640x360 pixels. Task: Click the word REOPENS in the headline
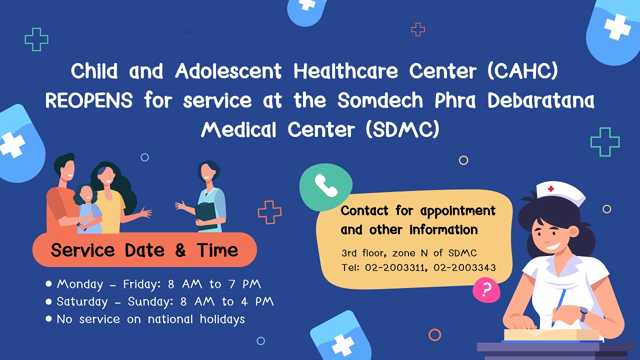pyautogui.click(x=89, y=100)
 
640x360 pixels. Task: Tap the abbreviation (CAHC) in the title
pyautogui.click(x=522, y=71)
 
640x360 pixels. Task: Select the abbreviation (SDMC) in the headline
pyautogui.click(x=402, y=129)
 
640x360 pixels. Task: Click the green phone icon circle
pyautogui.click(x=325, y=187)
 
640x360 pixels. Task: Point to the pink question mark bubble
pyautogui.click(x=486, y=290)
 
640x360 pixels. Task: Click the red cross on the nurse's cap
pyautogui.click(x=551, y=188)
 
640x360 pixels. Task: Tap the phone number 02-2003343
pyautogui.click(x=464, y=267)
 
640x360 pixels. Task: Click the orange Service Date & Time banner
pyautogui.click(x=144, y=249)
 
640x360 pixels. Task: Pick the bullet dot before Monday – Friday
pyautogui.click(x=48, y=283)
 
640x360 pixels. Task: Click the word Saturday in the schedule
pyautogui.click(x=82, y=302)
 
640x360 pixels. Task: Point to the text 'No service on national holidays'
pyautogui.click(x=150, y=319)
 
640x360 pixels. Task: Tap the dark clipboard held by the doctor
pyautogui.click(x=206, y=216)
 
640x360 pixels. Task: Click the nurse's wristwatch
pyautogui.click(x=583, y=314)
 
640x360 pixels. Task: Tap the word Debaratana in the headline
pyautogui.click(x=541, y=100)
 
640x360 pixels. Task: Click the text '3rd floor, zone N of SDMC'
pyautogui.click(x=409, y=253)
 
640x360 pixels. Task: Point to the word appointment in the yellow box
pyautogui.click(x=457, y=211)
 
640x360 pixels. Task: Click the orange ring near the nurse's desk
pyautogui.click(x=434, y=329)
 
